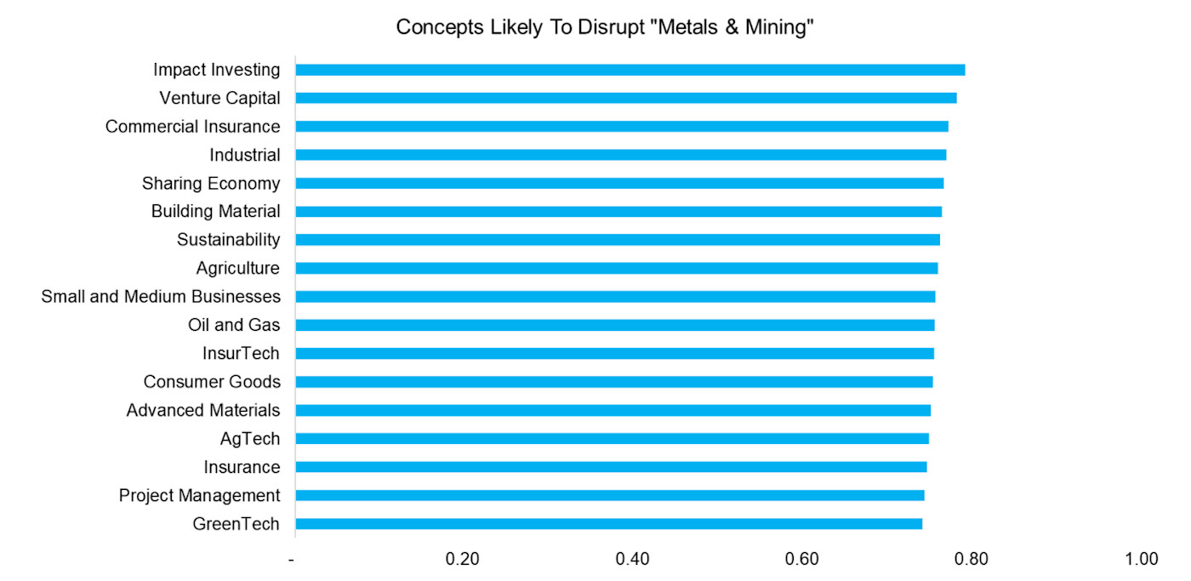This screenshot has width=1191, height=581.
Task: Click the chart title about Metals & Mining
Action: (606, 27)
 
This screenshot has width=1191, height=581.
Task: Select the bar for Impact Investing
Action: (630, 70)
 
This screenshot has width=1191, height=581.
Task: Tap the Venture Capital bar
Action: (625, 98)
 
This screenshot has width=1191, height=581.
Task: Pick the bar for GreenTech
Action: (608, 524)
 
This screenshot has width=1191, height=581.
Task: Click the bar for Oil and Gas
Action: (614, 325)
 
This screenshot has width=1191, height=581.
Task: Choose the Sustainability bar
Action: (617, 240)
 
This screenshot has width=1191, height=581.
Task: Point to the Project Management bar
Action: (609, 495)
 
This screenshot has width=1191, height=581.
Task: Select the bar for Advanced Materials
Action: (613, 410)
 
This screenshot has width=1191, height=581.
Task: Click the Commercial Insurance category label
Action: (192, 127)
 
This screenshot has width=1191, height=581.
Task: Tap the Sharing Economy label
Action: (211, 184)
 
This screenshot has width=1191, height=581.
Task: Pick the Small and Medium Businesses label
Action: (161, 297)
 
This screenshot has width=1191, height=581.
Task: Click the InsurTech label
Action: (241, 354)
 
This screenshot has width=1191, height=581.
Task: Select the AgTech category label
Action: (249, 439)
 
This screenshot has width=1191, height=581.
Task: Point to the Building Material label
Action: (215, 212)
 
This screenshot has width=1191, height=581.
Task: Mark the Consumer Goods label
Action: (212, 382)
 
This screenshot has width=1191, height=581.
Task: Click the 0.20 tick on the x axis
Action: (464, 559)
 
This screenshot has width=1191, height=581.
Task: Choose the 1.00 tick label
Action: (1141, 559)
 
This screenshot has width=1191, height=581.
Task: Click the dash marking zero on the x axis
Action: (293, 560)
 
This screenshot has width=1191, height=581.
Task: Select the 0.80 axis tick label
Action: (972, 559)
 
